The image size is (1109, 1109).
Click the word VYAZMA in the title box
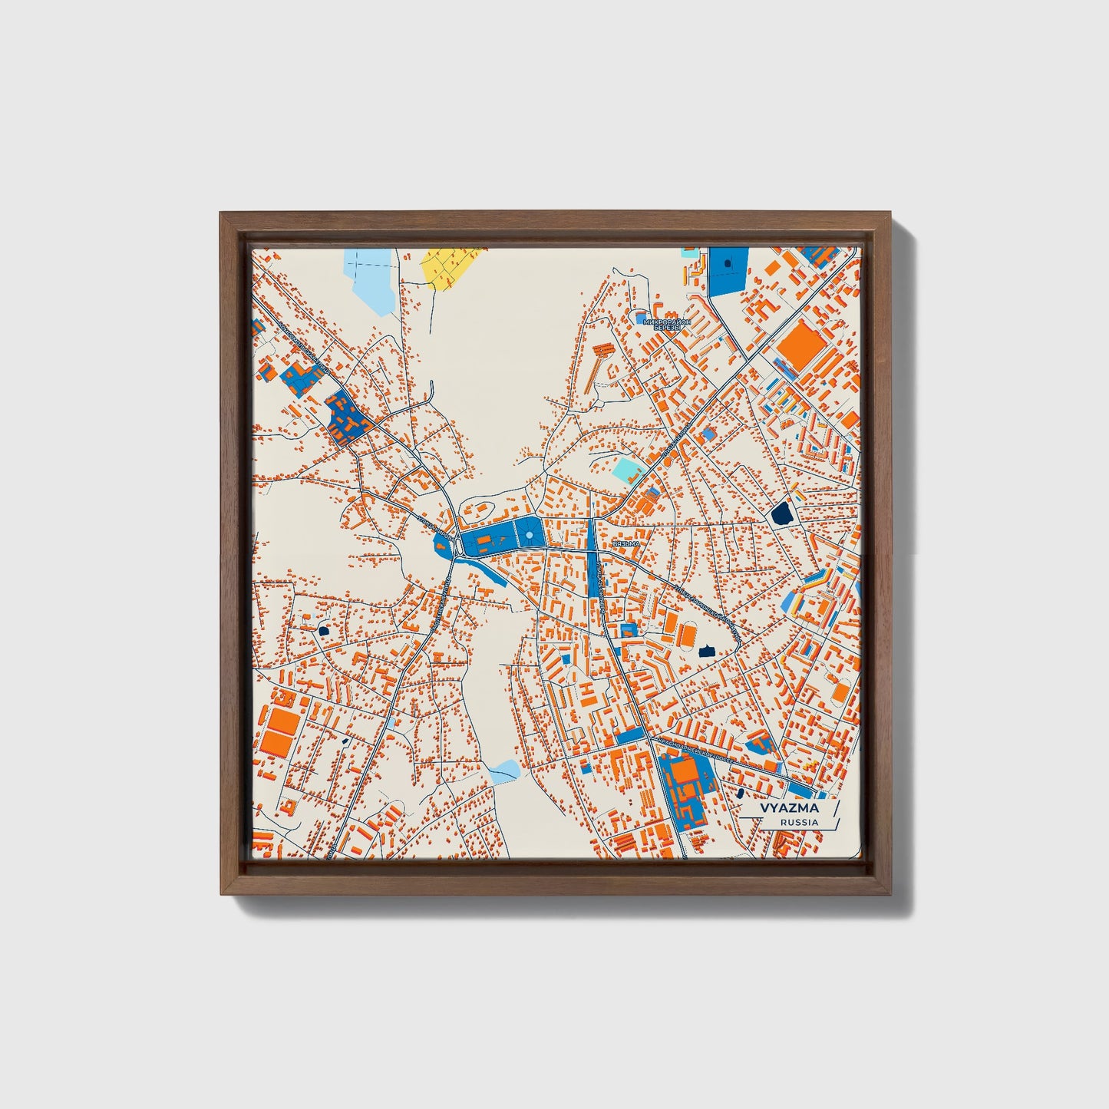789,808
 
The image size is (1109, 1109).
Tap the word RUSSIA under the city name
798,822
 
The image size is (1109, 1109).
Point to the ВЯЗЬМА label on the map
626,543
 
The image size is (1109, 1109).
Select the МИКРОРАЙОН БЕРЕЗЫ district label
667,323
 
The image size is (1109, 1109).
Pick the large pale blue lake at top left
371,280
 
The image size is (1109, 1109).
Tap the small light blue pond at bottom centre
504,770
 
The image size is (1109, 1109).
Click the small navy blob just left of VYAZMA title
741,793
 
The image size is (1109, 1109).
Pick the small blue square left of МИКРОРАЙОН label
640,316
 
